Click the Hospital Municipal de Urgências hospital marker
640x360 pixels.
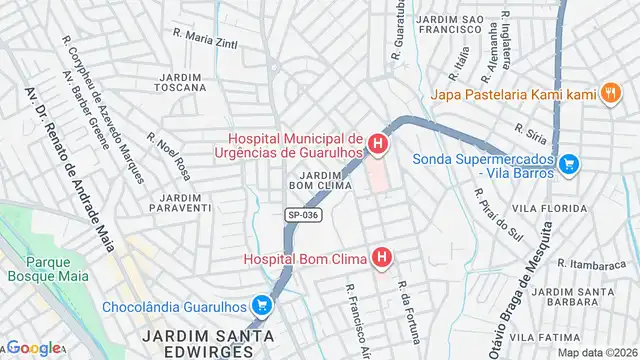(x=377, y=146)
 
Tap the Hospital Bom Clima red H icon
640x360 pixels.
(x=381, y=259)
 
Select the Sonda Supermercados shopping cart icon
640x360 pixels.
(x=569, y=161)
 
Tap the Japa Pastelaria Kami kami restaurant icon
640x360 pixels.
(x=610, y=94)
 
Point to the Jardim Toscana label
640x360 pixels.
(x=180, y=84)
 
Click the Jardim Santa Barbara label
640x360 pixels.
(x=567, y=297)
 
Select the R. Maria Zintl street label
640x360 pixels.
(x=205, y=38)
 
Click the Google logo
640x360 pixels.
(x=35, y=348)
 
